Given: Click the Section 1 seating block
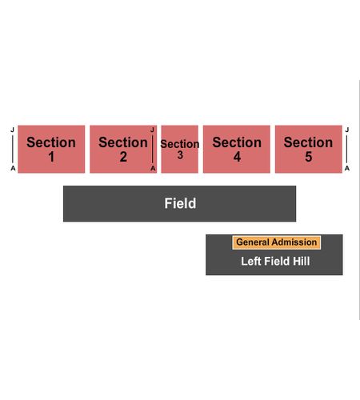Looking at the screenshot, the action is tap(51, 149).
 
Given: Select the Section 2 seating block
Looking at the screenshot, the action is tap(123, 149).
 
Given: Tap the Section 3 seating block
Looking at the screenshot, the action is tap(180, 149).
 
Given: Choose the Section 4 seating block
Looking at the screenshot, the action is tap(237, 149).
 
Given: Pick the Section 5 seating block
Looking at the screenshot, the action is tap(309, 149).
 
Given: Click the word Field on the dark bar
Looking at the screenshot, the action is tap(180, 203).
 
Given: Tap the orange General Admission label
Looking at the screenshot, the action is tap(277, 242).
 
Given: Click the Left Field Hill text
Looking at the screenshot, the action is tap(275, 262).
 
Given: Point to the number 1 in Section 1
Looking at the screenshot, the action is tap(51, 157).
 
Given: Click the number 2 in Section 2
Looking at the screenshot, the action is tap(123, 157).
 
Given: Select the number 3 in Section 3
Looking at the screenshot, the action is tap(180, 155).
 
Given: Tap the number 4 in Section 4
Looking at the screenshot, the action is tap(237, 157).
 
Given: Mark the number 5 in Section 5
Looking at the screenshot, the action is tap(309, 157).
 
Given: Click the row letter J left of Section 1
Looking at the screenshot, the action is tap(12, 130).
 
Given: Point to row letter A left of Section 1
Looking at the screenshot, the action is tap(13, 168).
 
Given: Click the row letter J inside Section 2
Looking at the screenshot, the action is tap(152, 130).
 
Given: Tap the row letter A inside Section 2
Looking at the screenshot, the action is tap(153, 168).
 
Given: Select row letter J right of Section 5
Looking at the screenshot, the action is tap(347, 130).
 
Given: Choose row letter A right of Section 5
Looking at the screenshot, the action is tap(347, 168).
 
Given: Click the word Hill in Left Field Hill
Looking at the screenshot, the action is tap(302, 262).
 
